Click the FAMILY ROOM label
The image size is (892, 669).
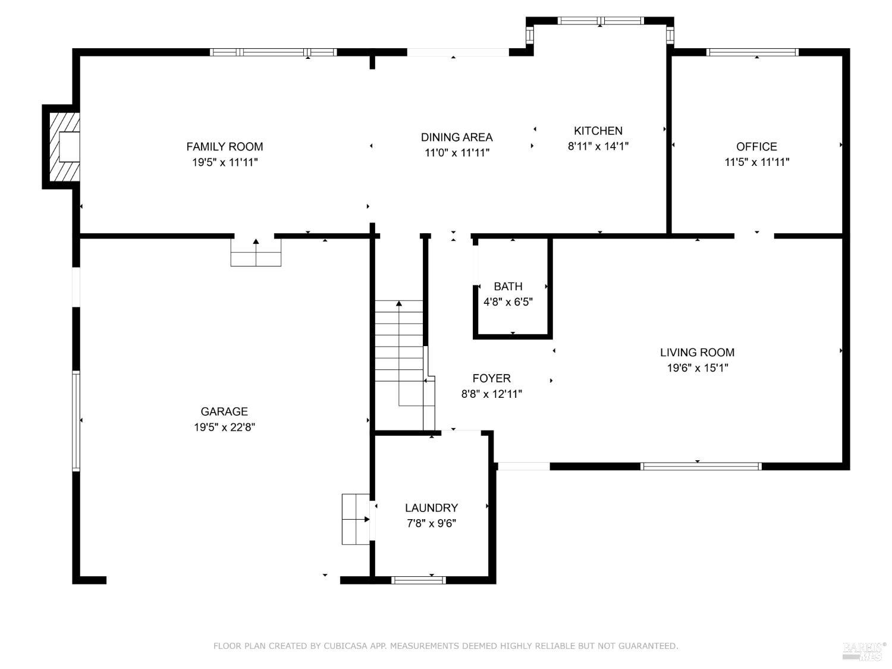point(224,147)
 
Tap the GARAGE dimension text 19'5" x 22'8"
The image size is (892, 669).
point(224,428)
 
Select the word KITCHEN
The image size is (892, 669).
point(598,131)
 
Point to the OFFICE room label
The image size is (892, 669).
point(756,147)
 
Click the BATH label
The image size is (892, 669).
point(508,287)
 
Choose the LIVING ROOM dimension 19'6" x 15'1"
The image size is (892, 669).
point(698,368)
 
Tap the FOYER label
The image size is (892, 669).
point(491,379)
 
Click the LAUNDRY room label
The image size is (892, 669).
point(431,508)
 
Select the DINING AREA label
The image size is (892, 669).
point(457,137)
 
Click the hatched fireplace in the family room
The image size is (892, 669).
point(64,147)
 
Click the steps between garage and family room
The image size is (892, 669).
point(256,252)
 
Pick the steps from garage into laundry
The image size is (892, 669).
point(356,519)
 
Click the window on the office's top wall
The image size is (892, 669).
point(752,52)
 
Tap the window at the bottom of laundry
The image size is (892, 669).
point(419,580)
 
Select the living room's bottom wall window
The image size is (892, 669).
point(701,466)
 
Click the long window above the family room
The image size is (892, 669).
point(273,52)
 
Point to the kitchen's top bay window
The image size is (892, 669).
point(600,21)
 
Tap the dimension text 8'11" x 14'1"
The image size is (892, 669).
point(598,146)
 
